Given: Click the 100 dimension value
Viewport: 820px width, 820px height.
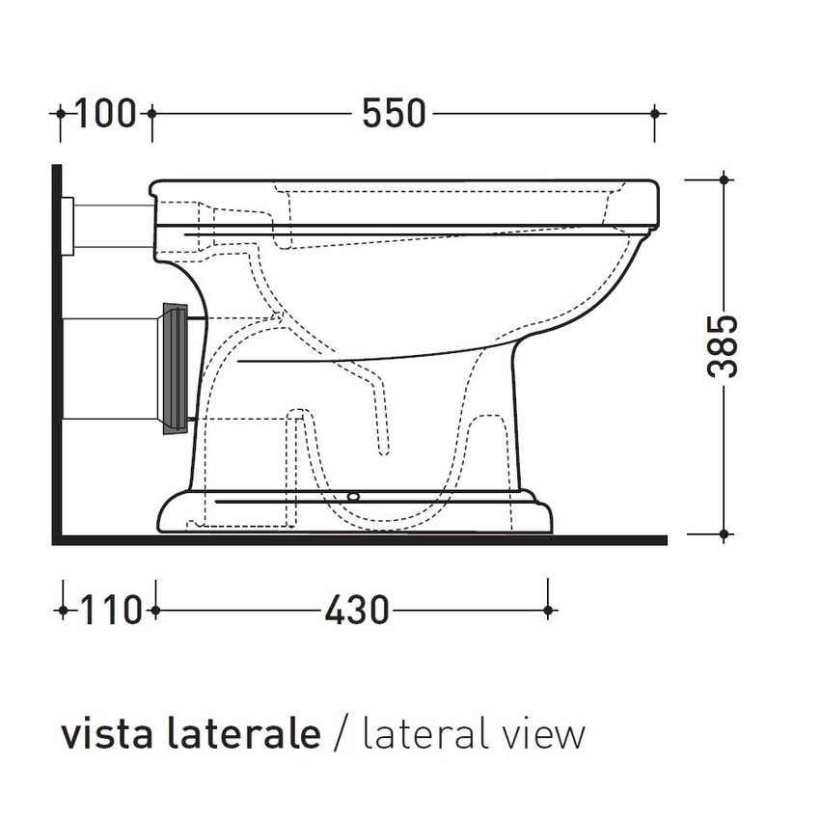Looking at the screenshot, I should pos(105,113).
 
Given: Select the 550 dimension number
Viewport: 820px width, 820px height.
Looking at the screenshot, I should pos(394,113).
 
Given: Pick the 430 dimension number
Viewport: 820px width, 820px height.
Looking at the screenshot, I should pos(357,610).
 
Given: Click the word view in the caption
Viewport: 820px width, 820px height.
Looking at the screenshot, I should pos(546,734).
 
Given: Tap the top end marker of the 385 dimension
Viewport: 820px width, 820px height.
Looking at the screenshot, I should pos(723,178).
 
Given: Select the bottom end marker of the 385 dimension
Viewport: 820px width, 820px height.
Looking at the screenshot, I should pos(723,533).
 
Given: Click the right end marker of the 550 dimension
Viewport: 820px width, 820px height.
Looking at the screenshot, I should pos(657,113).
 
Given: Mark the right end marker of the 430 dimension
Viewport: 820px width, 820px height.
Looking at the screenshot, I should pos(548,610).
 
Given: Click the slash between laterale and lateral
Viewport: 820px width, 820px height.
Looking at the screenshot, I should pos(339,734).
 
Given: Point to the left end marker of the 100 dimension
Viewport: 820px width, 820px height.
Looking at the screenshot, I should pos(60,113).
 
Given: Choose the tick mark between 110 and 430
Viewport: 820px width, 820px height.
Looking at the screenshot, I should pos(153,610).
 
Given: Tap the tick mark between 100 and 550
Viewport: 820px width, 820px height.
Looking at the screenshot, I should pos(150,113).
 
